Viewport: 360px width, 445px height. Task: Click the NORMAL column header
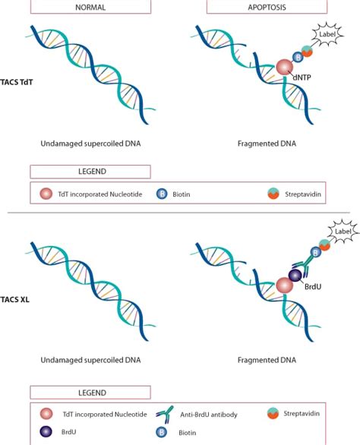[90, 7]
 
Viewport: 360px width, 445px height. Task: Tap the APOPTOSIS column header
[267, 7]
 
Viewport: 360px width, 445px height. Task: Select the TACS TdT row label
[17, 82]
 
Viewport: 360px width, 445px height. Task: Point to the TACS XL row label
[14, 299]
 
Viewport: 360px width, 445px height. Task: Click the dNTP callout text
[302, 77]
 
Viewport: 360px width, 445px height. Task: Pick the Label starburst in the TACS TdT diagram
[327, 34]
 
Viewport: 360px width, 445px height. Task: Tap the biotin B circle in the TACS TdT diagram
[298, 57]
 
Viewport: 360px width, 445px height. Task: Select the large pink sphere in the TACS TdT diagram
[285, 68]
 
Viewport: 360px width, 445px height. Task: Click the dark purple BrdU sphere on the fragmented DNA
[295, 276]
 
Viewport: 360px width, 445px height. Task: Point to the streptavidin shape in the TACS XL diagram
[324, 245]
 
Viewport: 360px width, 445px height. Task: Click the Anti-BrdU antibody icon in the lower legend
[165, 415]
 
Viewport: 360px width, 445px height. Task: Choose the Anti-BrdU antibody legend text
[209, 415]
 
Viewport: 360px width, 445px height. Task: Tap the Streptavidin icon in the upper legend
[273, 194]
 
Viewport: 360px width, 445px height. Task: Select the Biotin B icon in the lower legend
[162, 432]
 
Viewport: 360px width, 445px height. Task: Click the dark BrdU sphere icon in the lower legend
[46, 431]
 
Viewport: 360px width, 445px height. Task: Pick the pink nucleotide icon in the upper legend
[46, 194]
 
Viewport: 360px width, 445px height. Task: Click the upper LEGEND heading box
[90, 172]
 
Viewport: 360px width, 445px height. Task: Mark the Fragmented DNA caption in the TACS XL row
[267, 360]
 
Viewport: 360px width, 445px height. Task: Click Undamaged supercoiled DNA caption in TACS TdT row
[90, 144]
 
